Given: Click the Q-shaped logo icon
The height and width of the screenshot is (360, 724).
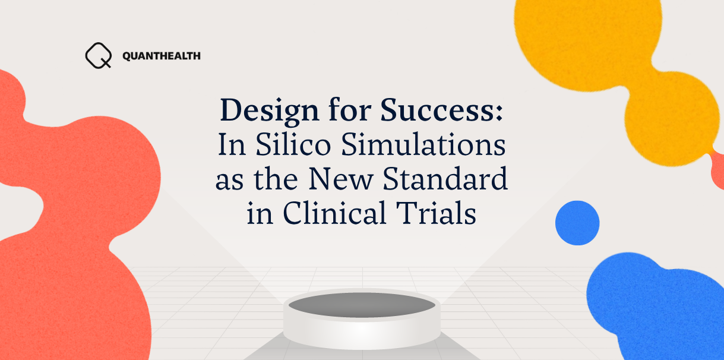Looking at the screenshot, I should point(98,56).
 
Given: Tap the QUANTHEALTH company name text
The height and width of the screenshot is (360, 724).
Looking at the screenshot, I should point(161,56).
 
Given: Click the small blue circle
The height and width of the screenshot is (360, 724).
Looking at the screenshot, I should point(577,223).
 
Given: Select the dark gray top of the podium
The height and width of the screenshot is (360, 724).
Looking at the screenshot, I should point(362,305).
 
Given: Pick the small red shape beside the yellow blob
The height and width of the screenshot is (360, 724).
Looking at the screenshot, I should point(717,169).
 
